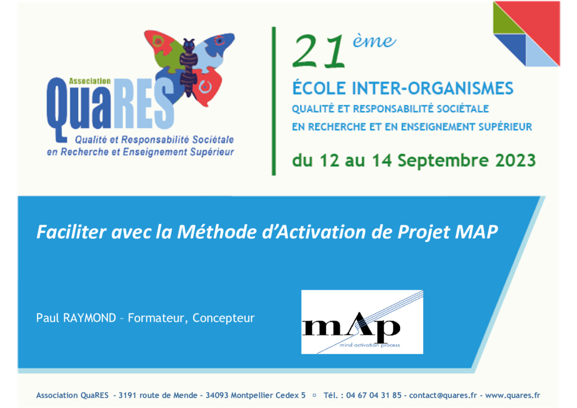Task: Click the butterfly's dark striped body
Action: [x=188, y=68]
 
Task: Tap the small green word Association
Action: [x=90, y=81]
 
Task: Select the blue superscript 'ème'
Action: [x=374, y=41]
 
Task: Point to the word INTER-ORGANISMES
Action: [x=432, y=88]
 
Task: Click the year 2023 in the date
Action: [x=515, y=161]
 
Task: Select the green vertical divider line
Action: [x=274, y=101]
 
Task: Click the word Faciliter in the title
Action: [x=72, y=232]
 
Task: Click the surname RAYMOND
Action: [x=90, y=318]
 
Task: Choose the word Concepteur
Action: [x=223, y=318]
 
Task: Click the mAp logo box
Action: [x=362, y=322]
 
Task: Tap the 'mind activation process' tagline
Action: [x=370, y=345]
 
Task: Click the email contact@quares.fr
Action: [x=443, y=396]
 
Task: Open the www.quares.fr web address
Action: [x=513, y=396]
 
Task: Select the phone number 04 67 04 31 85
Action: [x=374, y=396]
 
